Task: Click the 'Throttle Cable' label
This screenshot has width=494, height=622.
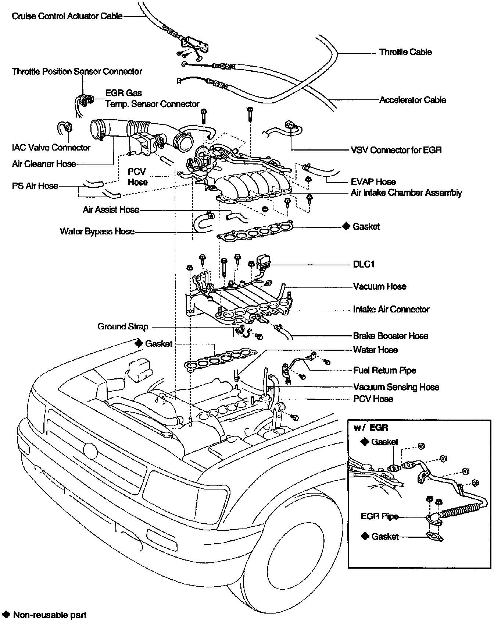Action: [x=405, y=52]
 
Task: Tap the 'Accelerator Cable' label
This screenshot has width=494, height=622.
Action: [x=412, y=100]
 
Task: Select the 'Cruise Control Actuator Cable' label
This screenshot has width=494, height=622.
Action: [x=67, y=16]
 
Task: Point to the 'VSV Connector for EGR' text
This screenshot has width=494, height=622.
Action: [x=396, y=150]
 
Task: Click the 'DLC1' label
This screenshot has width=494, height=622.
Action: [x=364, y=264]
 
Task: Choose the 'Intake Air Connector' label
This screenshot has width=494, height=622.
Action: [x=391, y=309]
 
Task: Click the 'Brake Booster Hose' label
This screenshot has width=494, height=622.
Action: [x=390, y=336]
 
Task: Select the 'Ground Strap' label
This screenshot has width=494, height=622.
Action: [x=123, y=326]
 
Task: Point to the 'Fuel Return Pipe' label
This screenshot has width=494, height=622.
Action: [x=384, y=370]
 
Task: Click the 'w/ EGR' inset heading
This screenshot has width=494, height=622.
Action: [x=371, y=428]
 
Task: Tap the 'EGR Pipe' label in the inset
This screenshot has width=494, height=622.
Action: [x=379, y=516]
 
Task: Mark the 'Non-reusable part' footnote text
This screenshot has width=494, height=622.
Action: [x=50, y=615]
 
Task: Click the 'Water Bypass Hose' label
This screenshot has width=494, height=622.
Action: [x=97, y=232]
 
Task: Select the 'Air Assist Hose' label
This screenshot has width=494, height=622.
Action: [x=111, y=210]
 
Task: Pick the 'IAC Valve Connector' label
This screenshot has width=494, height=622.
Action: [x=51, y=148]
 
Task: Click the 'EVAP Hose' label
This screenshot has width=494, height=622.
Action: [x=373, y=182]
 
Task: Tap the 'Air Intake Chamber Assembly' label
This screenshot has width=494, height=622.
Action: [x=406, y=192]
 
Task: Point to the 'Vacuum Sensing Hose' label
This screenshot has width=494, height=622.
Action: [x=396, y=387]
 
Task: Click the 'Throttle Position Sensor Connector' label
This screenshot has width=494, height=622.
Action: [x=77, y=71]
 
